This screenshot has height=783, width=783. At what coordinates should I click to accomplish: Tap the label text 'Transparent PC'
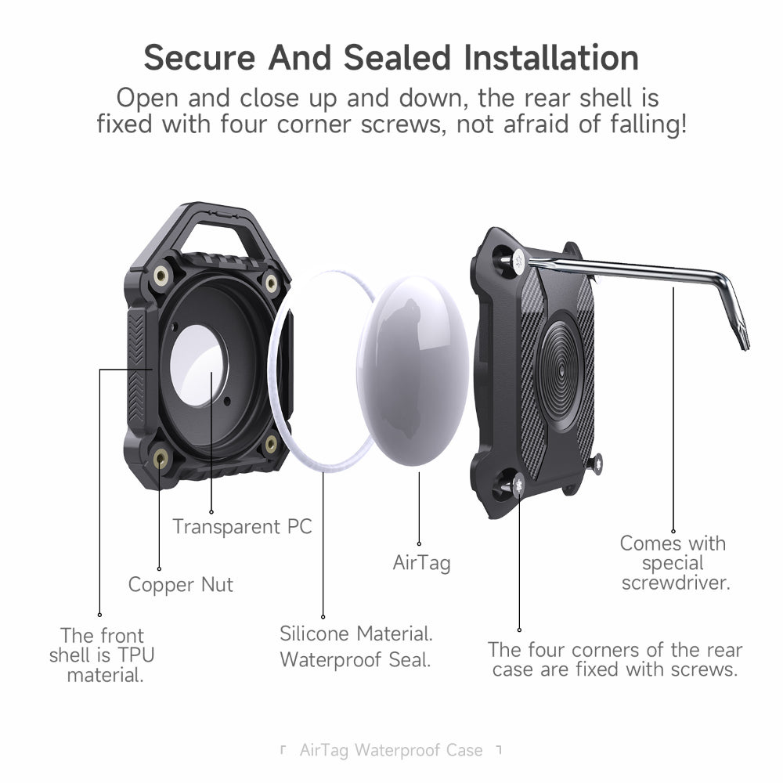coord(242,526)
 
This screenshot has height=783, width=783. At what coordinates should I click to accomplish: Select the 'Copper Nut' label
coord(181,585)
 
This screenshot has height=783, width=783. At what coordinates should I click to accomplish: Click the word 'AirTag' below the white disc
coord(421,562)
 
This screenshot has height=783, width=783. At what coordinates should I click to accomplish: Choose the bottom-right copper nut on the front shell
coord(271,444)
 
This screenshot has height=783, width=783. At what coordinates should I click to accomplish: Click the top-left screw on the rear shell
coord(518,261)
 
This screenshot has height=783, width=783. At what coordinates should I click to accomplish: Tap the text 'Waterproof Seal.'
coord(355,659)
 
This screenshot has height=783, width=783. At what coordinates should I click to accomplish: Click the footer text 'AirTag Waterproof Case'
coord(391,750)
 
